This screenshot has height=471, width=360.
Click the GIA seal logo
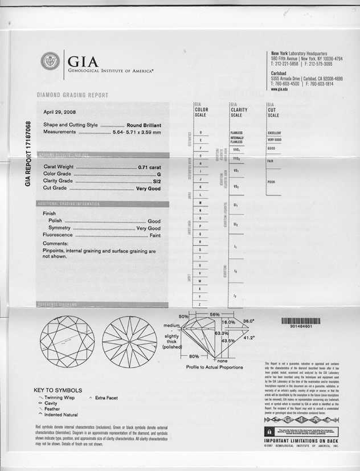click(x=50, y=62)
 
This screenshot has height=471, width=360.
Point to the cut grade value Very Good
click(x=148, y=188)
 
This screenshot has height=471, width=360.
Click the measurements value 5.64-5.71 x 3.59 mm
click(x=136, y=132)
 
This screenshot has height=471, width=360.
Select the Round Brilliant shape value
click(x=144, y=125)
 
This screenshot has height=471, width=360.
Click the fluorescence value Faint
click(x=154, y=235)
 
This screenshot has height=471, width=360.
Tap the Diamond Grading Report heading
click(x=72, y=95)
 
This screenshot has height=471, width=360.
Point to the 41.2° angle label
click(x=249, y=338)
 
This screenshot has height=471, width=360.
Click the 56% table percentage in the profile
click(x=215, y=314)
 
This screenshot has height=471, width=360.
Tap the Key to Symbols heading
click(x=58, y=390)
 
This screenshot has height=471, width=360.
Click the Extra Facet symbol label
click(x=107, y=398)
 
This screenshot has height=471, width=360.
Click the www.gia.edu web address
click(x=279, y=89)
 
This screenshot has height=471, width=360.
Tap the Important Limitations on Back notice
click(x=300, y=441)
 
